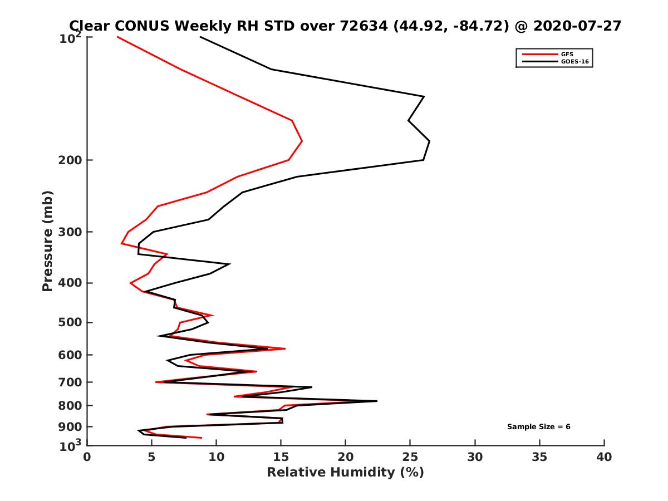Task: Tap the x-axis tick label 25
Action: [410, 458]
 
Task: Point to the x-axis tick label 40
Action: [604, 458]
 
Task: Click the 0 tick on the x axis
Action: [87, 458]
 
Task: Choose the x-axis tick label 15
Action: [281, 458]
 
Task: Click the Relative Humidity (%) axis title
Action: [345, 473]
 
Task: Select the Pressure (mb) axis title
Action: [47, 240]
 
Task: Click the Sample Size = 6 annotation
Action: [538, 427]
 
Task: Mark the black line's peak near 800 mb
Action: [377, 401]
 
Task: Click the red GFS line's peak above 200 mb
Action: [302, 141]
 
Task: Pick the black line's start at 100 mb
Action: [200, 37]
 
